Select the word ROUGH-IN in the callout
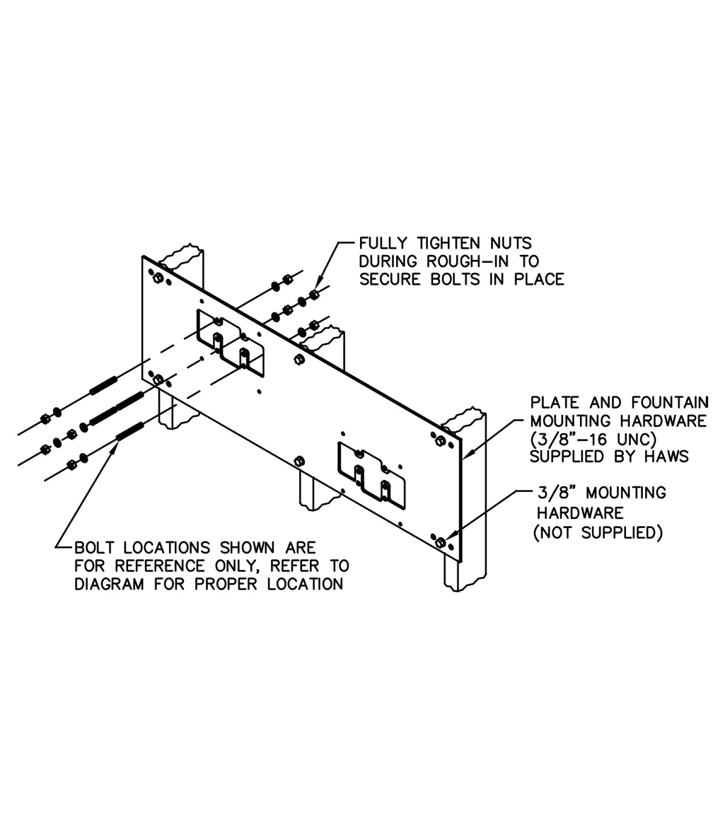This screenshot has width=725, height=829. [x=468, y=262]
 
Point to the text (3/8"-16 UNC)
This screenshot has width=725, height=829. [x=593, y=439]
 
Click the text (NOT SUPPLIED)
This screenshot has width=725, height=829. [x=598, y=533]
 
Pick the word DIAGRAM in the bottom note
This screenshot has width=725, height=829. [x=109, y=584]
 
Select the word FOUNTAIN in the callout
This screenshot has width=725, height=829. [x=669, y=403]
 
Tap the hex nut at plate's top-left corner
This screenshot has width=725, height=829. [x=158, y=278]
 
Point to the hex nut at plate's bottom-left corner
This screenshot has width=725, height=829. [x=158, y=379]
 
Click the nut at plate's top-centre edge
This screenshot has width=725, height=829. [x=299, y=360]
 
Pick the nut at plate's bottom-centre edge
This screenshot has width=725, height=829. [x=300, y=461]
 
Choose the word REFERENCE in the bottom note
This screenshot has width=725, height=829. [x=159, y=566]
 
